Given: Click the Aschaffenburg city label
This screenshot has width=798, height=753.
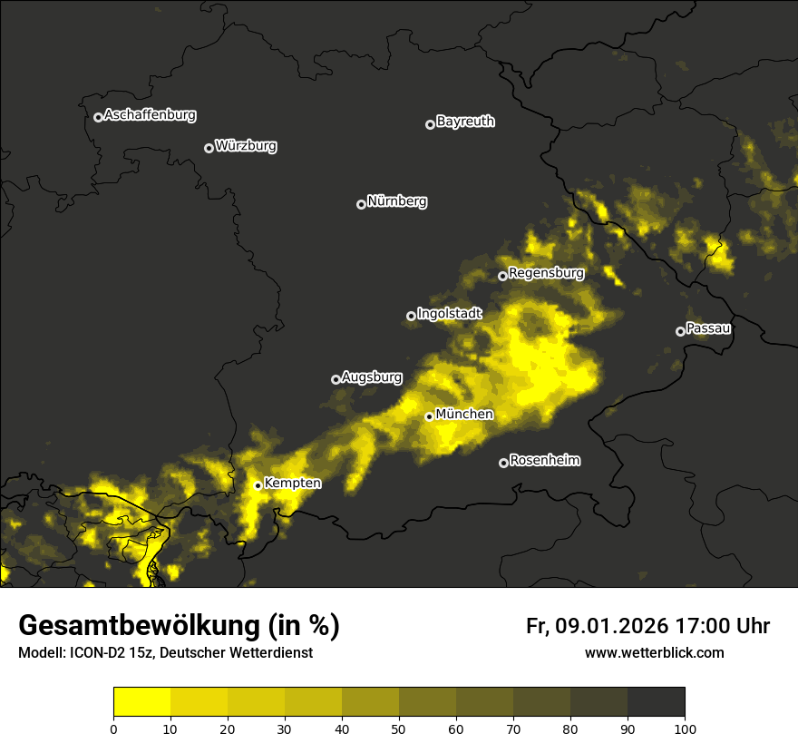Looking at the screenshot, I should (150, 115).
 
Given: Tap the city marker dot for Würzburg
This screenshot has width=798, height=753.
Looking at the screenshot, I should (209, 148).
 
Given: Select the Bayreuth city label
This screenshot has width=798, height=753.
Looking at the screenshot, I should (465, 122).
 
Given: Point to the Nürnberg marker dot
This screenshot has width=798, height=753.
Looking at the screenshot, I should (361, 204).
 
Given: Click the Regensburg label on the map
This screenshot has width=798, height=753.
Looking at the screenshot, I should (546, 272).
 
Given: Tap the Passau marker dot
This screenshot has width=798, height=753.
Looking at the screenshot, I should (680, 331).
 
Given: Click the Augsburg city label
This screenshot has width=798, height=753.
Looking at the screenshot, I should (372, 376).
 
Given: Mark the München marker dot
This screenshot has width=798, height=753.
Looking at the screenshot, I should (429, 417).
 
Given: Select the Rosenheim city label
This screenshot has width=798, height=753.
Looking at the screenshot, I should (544, 460).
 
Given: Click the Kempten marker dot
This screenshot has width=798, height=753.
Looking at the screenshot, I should (258, 485).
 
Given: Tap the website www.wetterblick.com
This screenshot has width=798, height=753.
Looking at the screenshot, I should (654, 652).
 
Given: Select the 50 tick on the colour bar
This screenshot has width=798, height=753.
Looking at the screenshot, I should (399, 729).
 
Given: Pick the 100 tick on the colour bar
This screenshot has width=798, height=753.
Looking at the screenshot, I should (685, 729).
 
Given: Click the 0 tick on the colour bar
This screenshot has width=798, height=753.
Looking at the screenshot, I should (113, 729).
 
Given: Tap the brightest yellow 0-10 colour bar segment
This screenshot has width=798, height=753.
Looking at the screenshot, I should (141, 702).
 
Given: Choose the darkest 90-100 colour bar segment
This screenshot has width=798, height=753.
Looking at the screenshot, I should (656, 702).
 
